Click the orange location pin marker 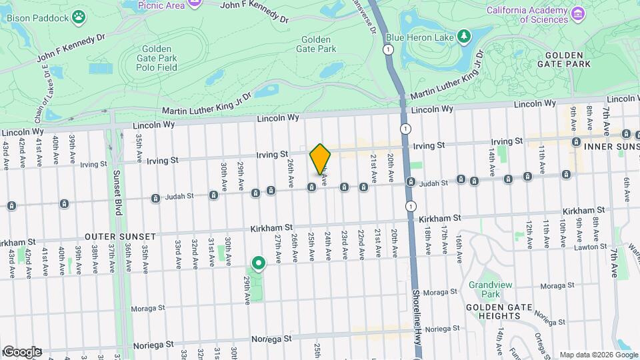tap(321, 159)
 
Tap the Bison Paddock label tap(37, 17)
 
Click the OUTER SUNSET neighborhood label tap(119, 237)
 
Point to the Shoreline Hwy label tap(415, 313)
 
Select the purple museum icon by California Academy tap(578, 14)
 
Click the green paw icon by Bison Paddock tap(79, 15)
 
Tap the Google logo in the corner tap(21, 352)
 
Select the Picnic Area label tap(161, 5)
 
